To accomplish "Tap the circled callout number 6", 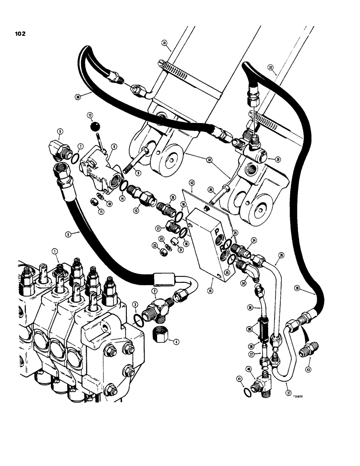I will pyautogui.click(x=60, y=132).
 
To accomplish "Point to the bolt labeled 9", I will pyautogui.click(x=138, y=159).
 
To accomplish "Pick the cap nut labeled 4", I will pyautogui.click(x=160, y=335).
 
